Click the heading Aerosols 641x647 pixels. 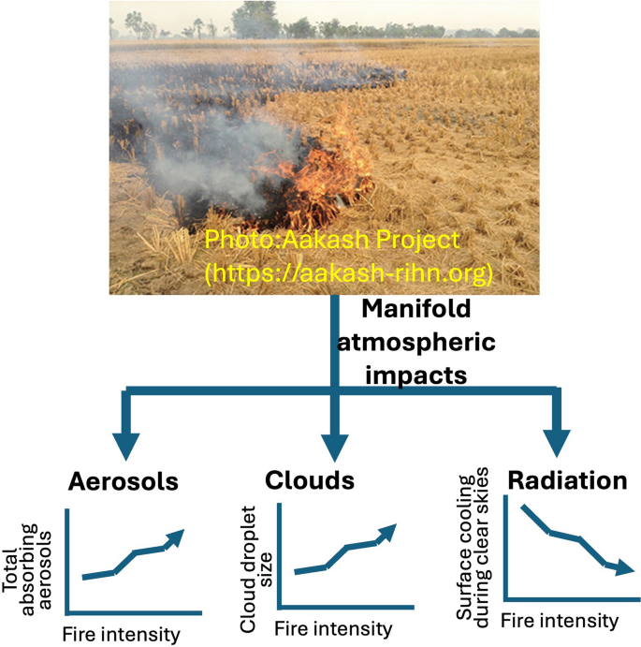(x=124, y=481)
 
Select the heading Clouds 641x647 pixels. (x=310, y=480)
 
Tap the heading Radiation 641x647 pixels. (x=568, y=480)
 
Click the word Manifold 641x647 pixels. (x=416, y=309)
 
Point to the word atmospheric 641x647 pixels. (x=416, y=343)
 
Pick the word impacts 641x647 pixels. (x=416, y=375)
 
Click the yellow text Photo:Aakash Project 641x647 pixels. (x=332, y=240)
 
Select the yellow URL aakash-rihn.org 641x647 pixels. (x=349, y=272)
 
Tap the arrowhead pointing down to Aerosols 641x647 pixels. (x=125, y=446)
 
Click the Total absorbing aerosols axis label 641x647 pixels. (x=26, y=570)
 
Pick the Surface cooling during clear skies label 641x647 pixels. (x=473, y=548)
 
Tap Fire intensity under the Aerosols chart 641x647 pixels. (x=122, y=634)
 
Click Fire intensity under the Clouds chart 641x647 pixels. (x=333, y=629)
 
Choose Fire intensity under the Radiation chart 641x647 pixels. (x=560, y=621)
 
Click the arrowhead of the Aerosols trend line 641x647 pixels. (x=176, y=537)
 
